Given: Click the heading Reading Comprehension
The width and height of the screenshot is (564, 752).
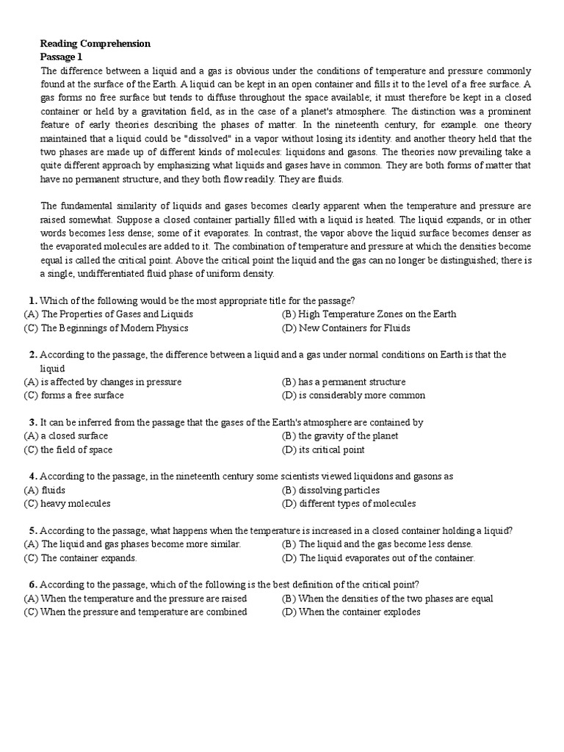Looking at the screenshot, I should pyautogui.click(x=95, y=44).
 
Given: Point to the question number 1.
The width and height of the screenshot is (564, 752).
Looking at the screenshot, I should pyautogui.click(x=32, y=300).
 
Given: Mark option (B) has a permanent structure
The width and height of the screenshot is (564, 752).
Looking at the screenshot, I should pyautogui.click(x=344, y=382).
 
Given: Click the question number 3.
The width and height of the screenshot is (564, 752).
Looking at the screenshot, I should pyautogui.click(x=32, y=422).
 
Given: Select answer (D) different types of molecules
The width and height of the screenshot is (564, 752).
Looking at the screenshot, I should pyautogui.click(x=349, y=504).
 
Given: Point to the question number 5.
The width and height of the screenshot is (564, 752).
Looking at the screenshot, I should pyautogui.click(x=32, y=530).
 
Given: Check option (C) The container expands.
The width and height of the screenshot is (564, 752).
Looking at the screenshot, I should pyautogui.click(x=81, y=558).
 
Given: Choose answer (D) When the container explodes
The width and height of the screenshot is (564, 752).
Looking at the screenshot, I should pyautogui.click(x=351, y=612).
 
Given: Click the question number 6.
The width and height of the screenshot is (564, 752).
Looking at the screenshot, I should pyautogui.click(x=32, y=585).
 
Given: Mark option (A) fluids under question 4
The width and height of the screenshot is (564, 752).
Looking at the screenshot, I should pyautogui.click(x=45, y=490).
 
